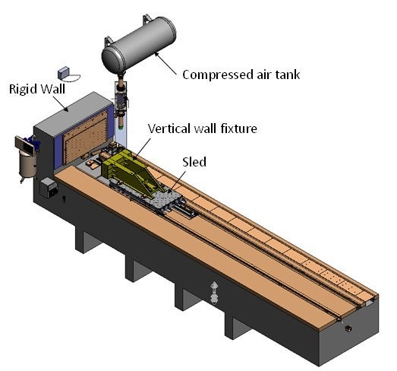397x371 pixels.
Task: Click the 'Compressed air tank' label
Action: [241, 75]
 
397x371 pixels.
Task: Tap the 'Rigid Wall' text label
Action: [37, 89]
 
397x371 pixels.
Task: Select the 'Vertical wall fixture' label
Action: [203, 128]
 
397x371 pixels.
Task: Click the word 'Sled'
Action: [194, 162]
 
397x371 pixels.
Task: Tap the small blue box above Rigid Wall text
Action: [63, 72]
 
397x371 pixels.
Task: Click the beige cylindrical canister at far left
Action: [27, 165]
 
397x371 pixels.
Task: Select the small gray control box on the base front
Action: [49, 188]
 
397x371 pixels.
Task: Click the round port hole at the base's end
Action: [348, 329]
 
